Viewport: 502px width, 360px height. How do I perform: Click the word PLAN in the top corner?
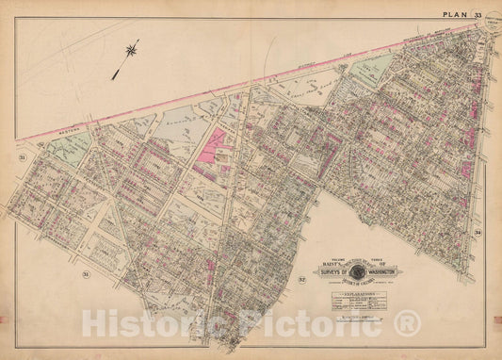coord(459,12)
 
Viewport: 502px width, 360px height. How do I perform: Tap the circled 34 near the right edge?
coord(478,233)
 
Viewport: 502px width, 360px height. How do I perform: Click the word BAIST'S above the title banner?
coord(330,263)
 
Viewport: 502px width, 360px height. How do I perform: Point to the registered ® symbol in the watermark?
coord(407,324)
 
